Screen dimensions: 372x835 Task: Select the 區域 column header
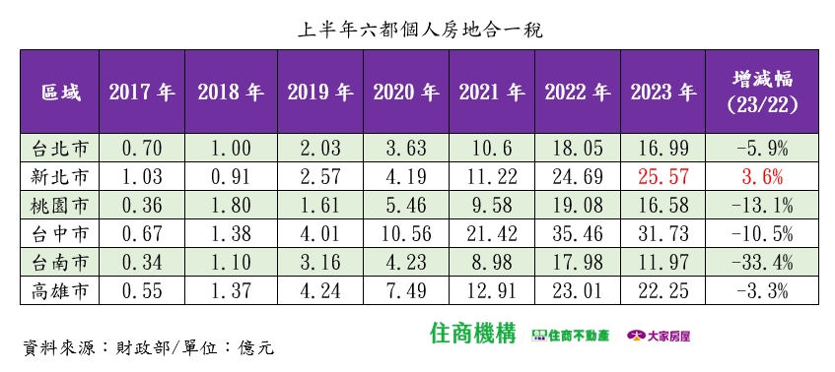pyautogui.click(x=61, y=93)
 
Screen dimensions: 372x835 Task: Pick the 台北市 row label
pyautogui.click(x=61, y=149)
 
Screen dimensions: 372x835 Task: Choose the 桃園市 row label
pyautogui.click(x=61, y=206)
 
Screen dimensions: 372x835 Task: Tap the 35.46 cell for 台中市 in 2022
pyautogui.click(x=578, y=234)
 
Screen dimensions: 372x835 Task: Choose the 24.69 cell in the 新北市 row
pyautogui.click(x=578, y=177)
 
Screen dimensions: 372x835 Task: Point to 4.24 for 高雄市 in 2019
pyautogui.click(x=320, y=291)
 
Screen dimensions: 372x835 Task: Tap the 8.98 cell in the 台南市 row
pyautogui.click(x=492, y=263)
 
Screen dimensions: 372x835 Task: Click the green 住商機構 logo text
pyautogui.click(x=473, y=334)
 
